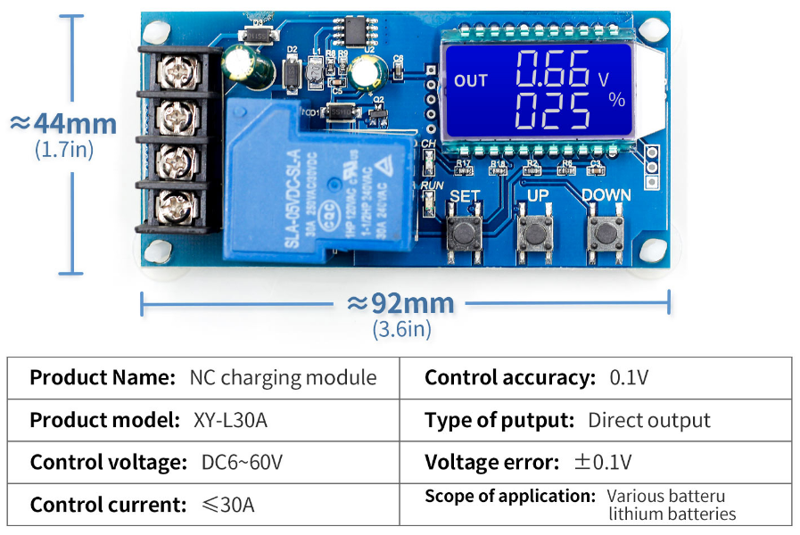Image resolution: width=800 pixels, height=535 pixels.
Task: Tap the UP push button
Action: point(534,234)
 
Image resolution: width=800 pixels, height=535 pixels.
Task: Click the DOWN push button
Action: point(606,234)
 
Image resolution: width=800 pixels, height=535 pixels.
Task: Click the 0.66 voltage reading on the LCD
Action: point(553,69)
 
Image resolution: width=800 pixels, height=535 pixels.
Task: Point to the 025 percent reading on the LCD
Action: point(553,111)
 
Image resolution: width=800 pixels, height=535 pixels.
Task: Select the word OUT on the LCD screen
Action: point(471,80)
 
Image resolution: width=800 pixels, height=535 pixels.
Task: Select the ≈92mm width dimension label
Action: point(400,303)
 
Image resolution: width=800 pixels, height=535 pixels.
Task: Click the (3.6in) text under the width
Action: point(401,329)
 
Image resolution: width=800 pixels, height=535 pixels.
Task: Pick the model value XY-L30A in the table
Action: point(229,420)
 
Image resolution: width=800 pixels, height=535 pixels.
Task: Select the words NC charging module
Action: point(283,377)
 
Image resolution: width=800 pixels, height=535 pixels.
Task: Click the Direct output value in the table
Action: point(649,420)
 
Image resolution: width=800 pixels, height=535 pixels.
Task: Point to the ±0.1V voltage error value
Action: point(603,463)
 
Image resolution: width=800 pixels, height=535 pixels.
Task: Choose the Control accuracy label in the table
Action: point(509,377)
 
